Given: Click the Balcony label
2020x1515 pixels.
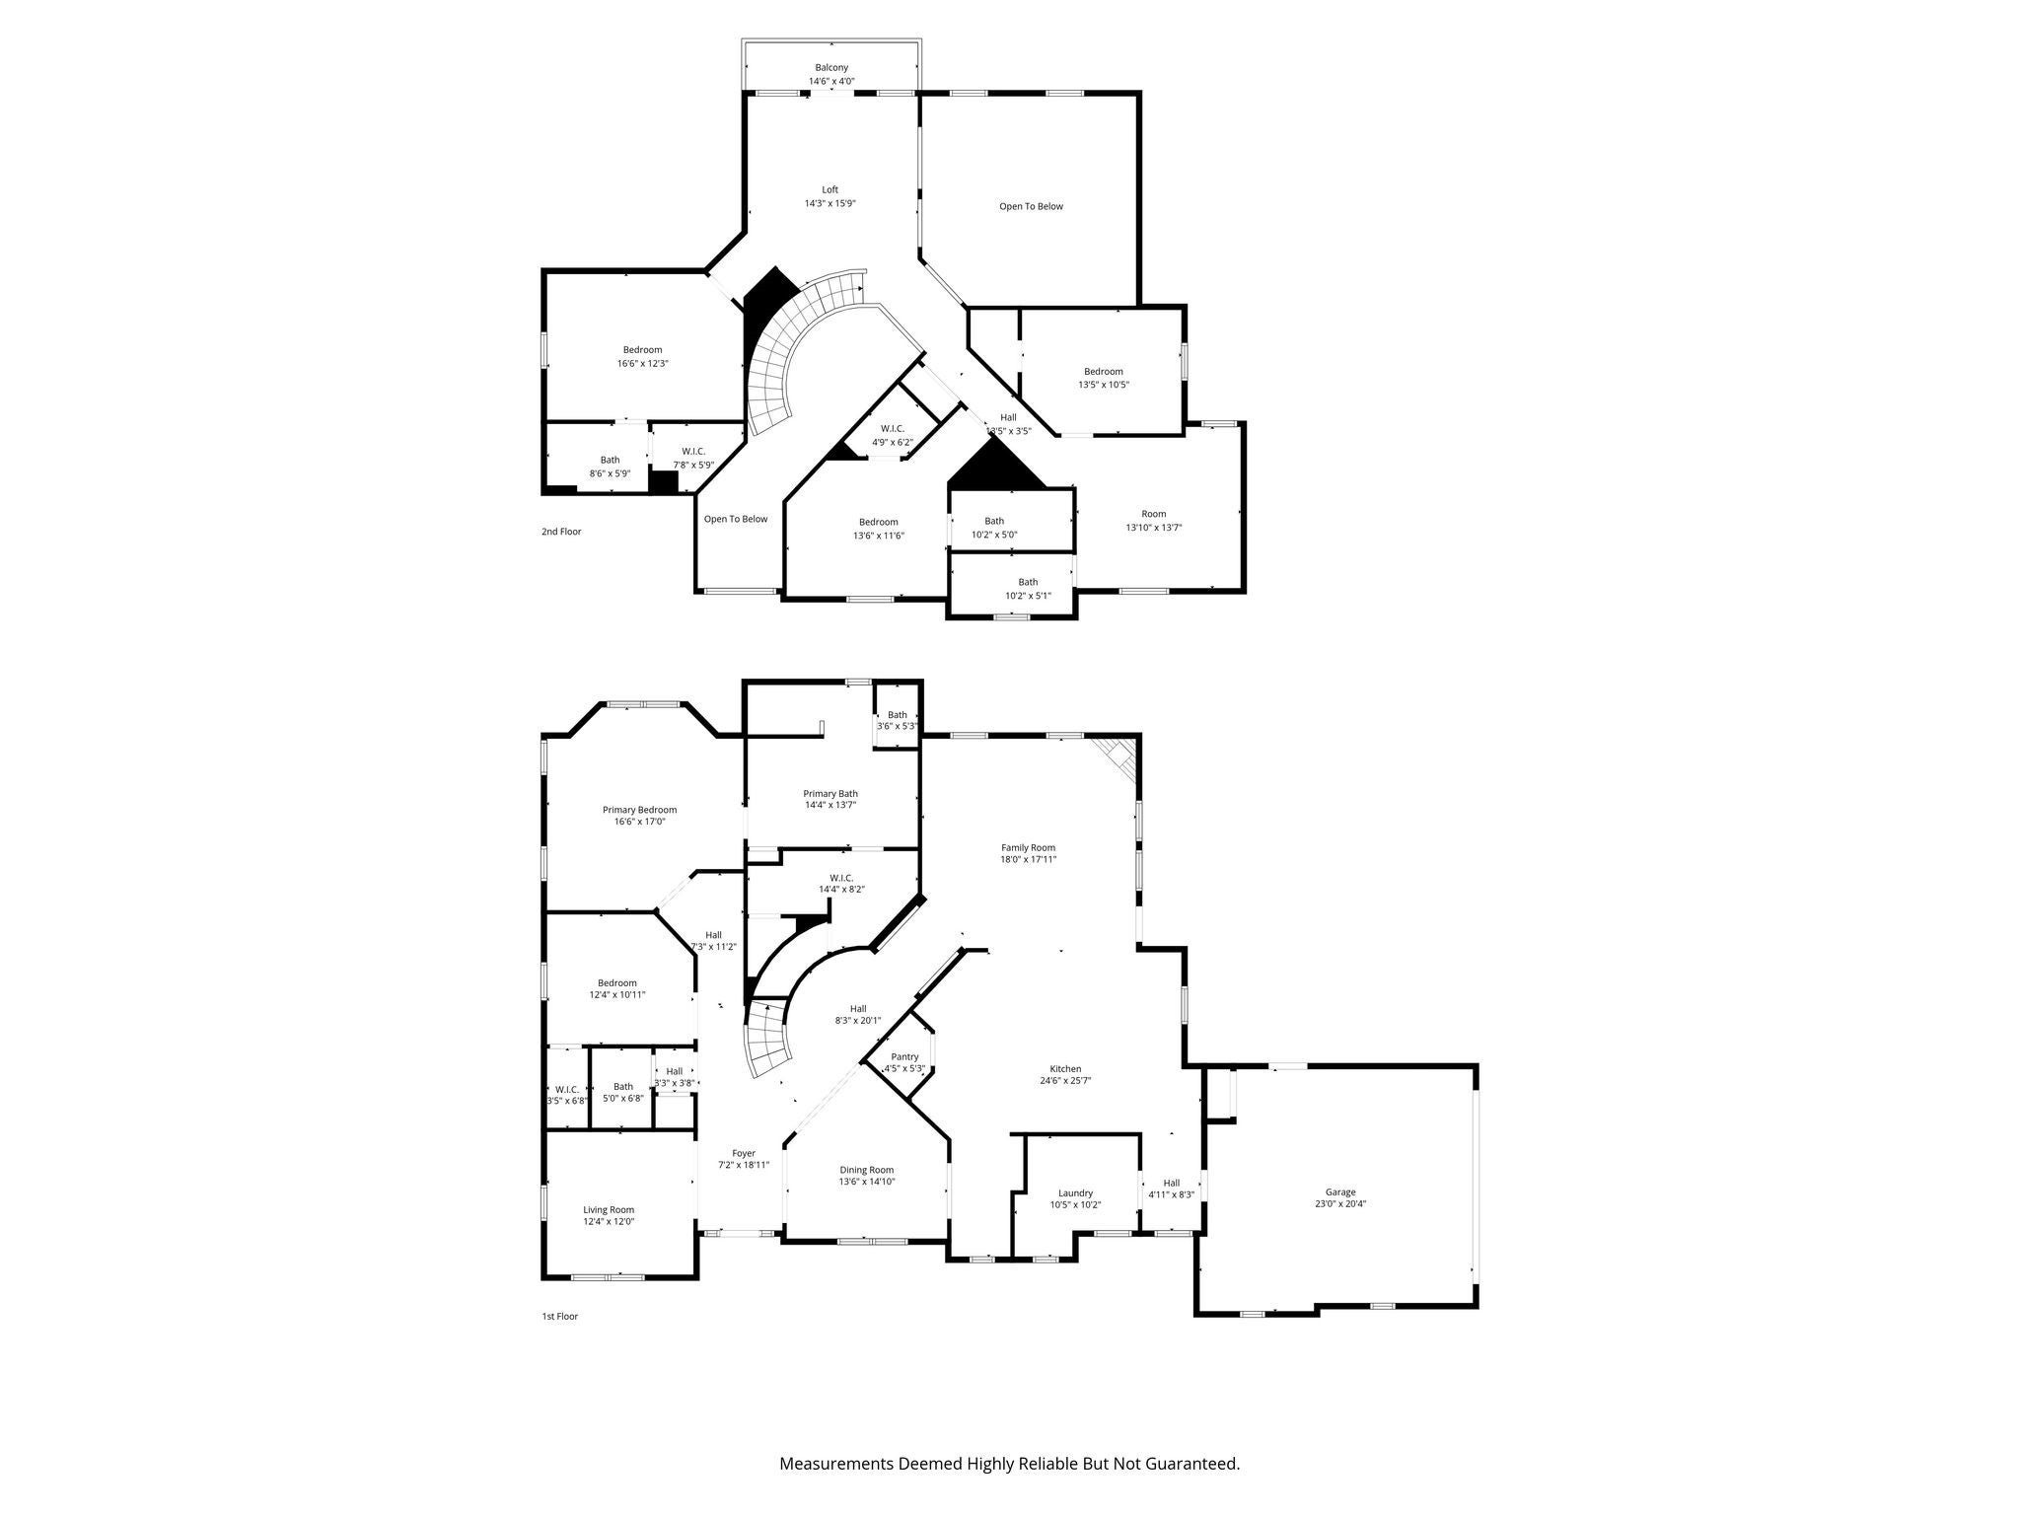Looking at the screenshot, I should (831, 68).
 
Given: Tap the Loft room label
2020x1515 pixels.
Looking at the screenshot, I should (830, 190).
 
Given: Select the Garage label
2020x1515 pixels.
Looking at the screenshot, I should (1339, 1191).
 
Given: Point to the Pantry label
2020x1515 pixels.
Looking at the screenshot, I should (904, 1056).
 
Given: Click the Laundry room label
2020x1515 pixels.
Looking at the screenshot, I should (1075, 1192).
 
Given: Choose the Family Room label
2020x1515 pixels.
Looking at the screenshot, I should (1028, 847).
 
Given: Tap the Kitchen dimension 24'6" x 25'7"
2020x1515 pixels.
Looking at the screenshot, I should (1065, 1080).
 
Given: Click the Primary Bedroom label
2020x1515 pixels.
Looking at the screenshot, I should (639, 810).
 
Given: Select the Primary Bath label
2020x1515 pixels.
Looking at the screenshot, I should (830, 793).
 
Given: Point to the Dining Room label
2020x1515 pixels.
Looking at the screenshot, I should (866, 1170).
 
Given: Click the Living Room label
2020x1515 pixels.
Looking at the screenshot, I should (609, 1209).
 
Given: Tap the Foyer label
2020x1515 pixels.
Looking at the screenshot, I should (743, 1153).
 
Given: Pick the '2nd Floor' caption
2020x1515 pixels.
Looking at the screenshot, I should (561, 532).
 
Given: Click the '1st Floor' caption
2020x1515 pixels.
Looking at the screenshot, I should (559, 1316).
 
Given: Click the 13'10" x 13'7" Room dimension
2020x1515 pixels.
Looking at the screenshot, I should (1154, 528).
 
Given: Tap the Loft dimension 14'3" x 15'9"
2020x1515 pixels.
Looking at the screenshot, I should (830, 204).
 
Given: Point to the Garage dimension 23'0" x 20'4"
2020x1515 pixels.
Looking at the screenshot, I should (1339, 1203).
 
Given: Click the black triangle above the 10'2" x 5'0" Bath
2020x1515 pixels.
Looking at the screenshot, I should (994, 468).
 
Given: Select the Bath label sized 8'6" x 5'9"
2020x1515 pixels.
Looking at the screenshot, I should (611, 460).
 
